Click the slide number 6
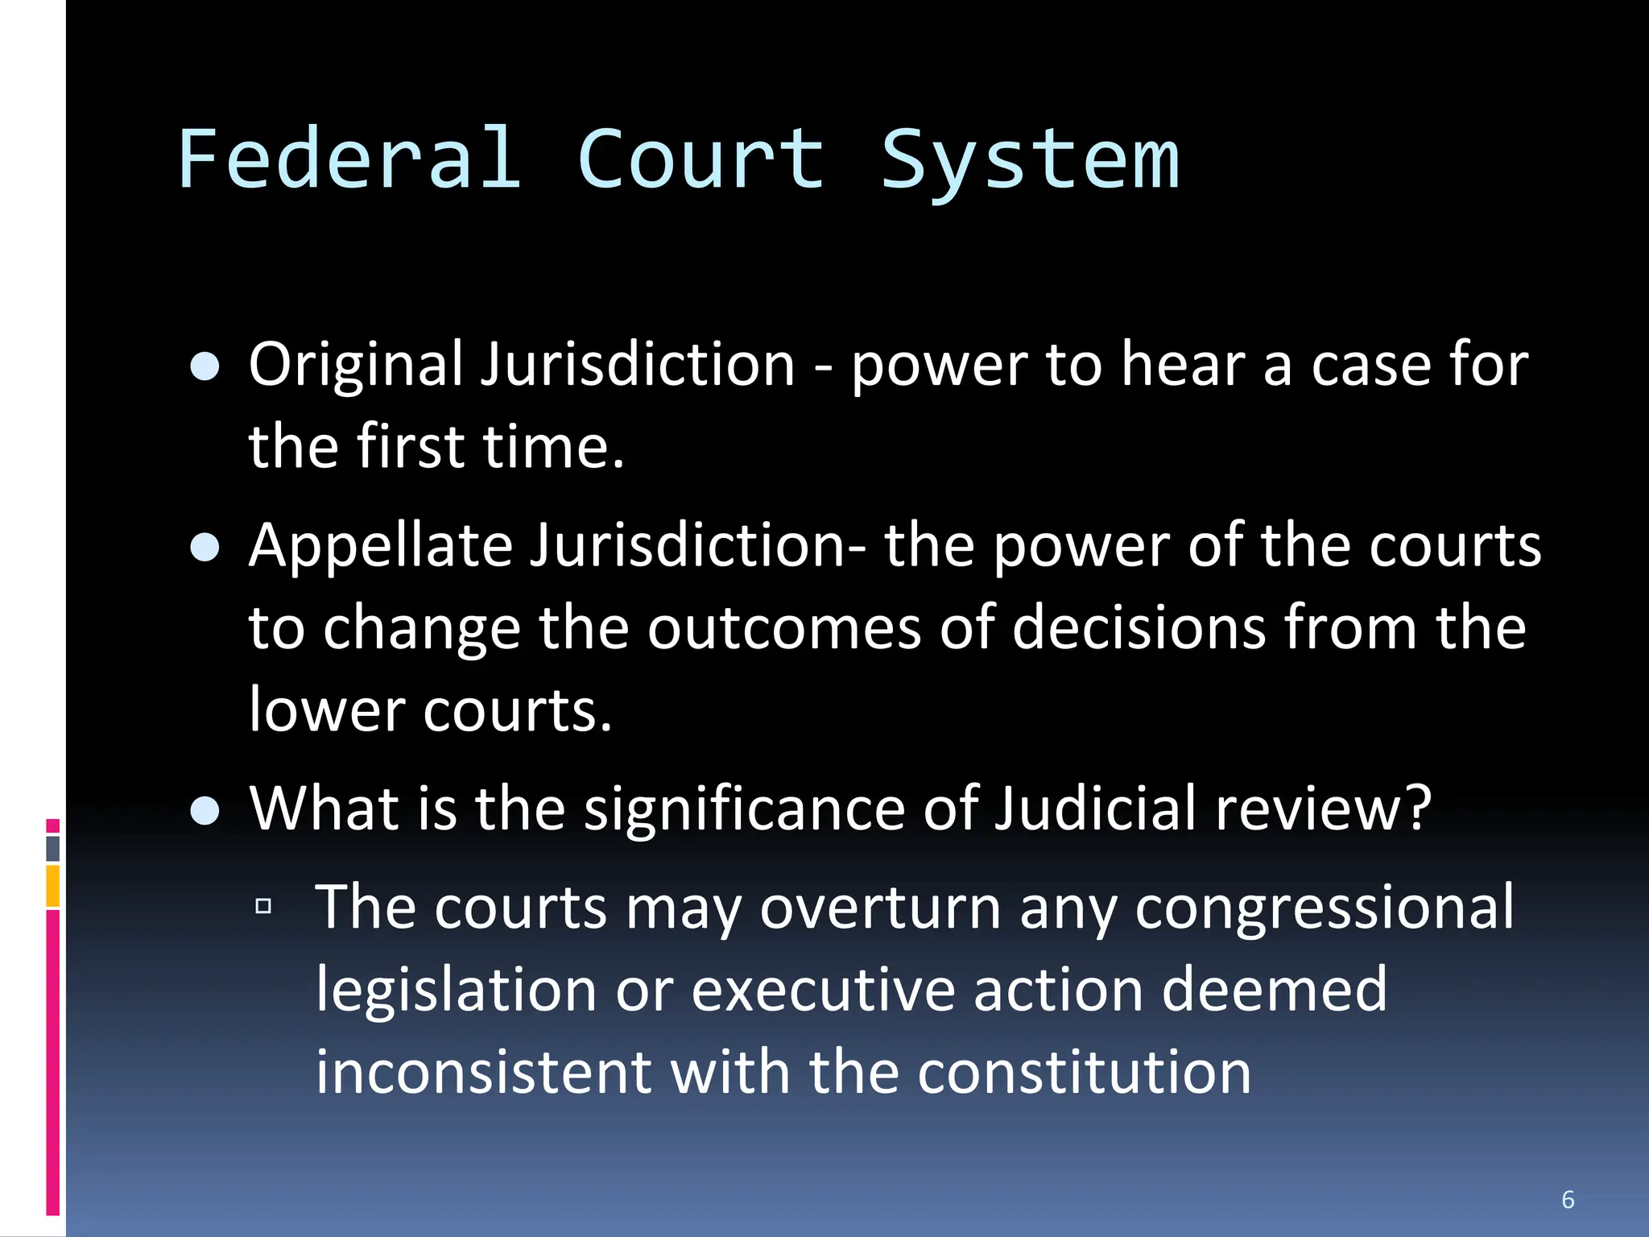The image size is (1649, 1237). click(1568, 1199)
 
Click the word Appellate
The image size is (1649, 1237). click(381, 547)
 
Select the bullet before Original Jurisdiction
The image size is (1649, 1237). click(205, 366)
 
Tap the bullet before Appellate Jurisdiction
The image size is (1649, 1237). click(205, 548)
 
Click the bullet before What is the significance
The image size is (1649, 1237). click(205, 810)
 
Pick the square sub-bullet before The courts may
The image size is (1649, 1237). click(263, 907)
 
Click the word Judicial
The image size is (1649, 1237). click(1096, 809)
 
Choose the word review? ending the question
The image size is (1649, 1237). click(1324, 809)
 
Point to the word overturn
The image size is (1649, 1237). click(880, 908)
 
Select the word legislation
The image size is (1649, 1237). click(456, 991)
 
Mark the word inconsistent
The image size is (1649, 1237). click(483, 1073)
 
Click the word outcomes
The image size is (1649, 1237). click(783, 628)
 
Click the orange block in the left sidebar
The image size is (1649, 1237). click(53, 886)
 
